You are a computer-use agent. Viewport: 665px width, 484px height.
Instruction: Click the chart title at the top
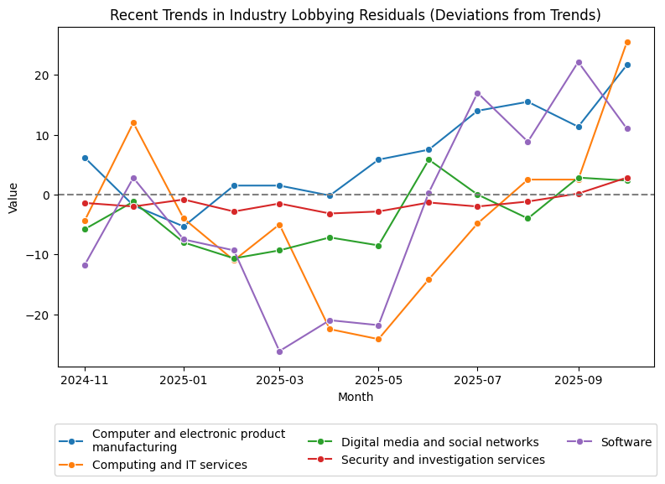tap(356, 15)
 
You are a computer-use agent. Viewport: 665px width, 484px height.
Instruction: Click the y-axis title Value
tap(13, 196)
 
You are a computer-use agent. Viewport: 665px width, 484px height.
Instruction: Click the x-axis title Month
tap(356, 397)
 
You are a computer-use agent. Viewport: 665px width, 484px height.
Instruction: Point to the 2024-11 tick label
tap(85, 380)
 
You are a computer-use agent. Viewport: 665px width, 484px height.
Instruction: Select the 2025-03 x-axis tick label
tap(279, 380)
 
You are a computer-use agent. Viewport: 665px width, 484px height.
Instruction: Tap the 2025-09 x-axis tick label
tap(578, 380)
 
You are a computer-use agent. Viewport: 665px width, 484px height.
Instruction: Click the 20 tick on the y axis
tap(43, 75)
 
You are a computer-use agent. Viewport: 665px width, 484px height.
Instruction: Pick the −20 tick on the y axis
tap(39, 315)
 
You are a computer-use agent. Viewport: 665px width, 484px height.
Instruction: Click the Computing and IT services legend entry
tap(169, 465)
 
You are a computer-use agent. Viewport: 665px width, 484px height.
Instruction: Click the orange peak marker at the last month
tap(627, 42)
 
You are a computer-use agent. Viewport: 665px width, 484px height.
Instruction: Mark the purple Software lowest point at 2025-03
tap(279, 351)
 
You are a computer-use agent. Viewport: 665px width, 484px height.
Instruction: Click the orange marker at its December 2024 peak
tap(133, 122)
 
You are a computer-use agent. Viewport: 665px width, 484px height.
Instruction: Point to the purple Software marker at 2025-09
tap(579, 62)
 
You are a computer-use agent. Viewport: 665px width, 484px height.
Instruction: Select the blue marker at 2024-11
tap(85, 158)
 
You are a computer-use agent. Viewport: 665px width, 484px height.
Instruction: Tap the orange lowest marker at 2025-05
tap(378, 340)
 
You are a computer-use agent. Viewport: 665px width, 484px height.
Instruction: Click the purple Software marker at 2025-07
tap(477, 93)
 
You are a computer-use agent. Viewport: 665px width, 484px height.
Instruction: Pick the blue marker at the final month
tap(627, 65)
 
